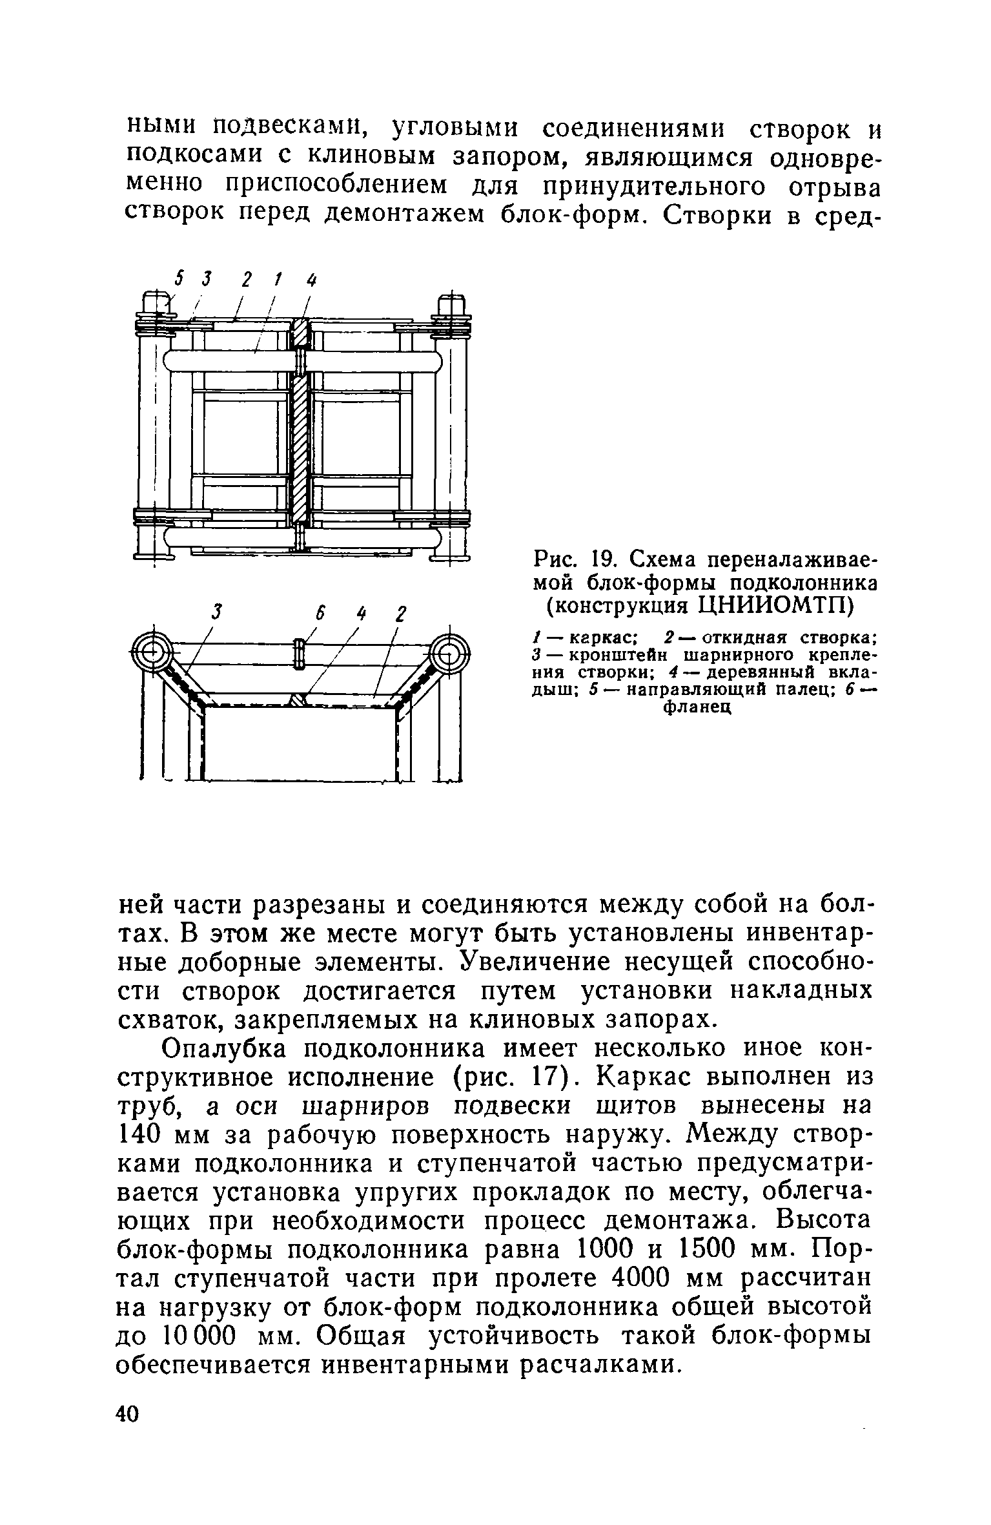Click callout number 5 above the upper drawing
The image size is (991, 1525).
click(179, 279)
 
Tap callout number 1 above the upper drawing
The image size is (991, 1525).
click(276, 279)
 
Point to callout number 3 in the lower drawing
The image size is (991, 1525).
click(218, 611)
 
